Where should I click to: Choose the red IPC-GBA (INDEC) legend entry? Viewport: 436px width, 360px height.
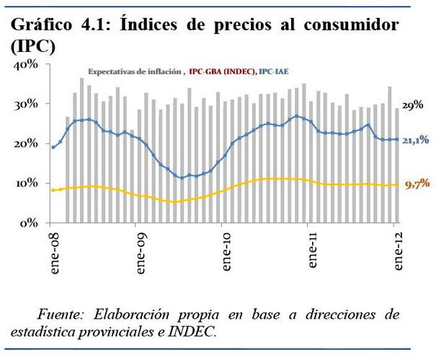(221, 72)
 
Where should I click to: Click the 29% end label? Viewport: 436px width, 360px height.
(411, 105)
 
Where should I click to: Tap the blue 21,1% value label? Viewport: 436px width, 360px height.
(416, 141)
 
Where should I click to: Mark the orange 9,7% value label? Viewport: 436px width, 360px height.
(416, 185)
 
